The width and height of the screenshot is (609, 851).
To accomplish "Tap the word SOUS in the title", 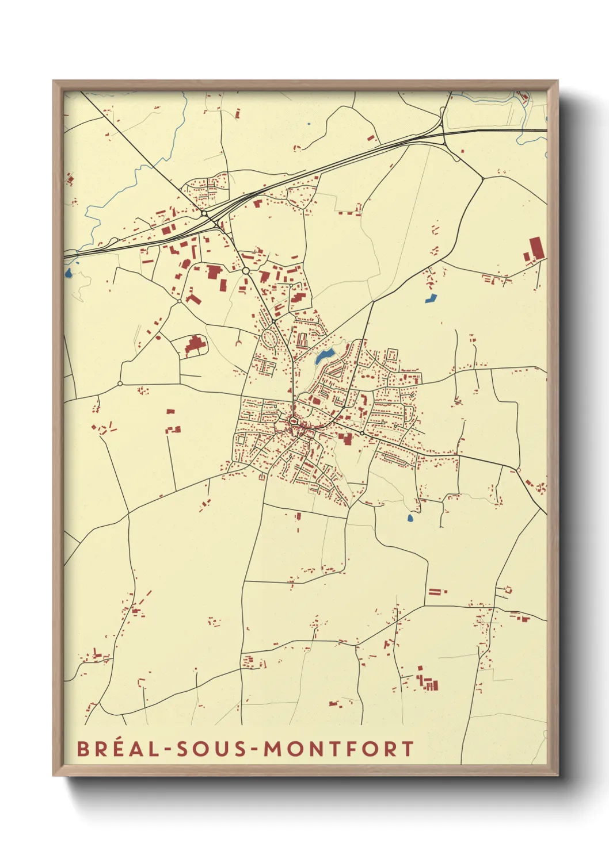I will click(211, 749).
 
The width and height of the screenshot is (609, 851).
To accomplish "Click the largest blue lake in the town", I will click(324, 356).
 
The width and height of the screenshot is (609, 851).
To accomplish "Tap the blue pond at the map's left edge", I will click(68, 273).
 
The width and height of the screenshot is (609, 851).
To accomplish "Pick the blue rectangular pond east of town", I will click(431, 298).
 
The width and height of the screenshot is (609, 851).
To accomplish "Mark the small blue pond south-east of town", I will click(410, 518).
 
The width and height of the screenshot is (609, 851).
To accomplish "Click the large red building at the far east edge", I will click(536, 248).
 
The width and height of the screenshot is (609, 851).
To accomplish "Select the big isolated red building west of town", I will click(196, 346).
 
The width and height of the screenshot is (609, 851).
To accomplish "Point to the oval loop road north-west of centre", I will click(269, 338).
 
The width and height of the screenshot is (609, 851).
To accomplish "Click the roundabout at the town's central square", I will click(294, 421).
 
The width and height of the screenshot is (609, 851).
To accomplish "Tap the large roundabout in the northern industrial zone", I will click(246, 270).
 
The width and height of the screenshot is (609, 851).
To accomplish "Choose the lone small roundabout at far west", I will click(120, 383).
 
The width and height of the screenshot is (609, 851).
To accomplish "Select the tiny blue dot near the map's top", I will click(309, 124).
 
